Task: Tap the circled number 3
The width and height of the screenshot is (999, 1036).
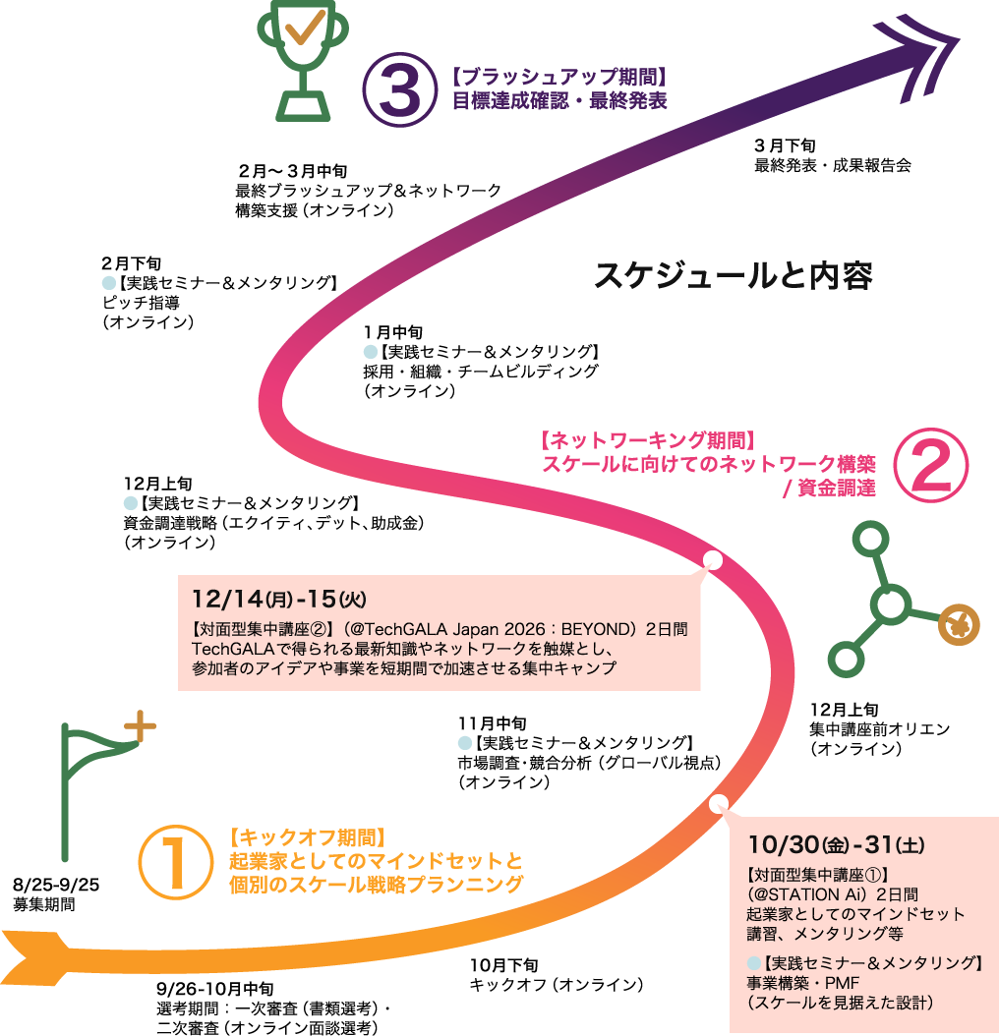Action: [x=399, y=89]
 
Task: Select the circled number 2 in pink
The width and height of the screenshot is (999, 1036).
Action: [x=931, y=465]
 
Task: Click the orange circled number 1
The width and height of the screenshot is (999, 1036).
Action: [x=176, y=862]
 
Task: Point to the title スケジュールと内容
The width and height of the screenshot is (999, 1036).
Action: [x=734, y=275]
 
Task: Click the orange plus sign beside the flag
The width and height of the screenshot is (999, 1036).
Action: [x=140, y=726]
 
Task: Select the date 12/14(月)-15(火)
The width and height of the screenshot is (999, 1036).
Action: [x=278, y=599]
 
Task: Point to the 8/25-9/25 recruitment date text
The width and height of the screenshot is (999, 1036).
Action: [x=55, y=885]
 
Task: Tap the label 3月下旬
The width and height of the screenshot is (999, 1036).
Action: [x=785, y=144]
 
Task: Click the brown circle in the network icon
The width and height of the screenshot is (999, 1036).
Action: [x=959, y=624]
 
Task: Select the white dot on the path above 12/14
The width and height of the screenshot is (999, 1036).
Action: [x=713, y=559]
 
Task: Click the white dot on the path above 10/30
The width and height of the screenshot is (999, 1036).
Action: [x=719, y=803]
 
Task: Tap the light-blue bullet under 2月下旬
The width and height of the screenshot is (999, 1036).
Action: [x=109, y=283]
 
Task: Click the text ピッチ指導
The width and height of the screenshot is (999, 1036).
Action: [x=141, y=303]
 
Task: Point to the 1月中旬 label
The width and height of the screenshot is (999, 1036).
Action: [x=392, y=332]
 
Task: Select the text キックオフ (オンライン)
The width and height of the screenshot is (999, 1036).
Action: [x=556, y=985]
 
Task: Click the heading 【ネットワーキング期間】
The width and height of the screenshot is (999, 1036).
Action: [x=647, y=440]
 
